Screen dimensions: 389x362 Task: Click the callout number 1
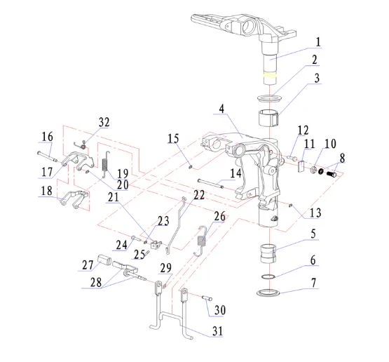coord(318,42)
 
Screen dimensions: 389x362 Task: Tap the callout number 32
coord(104,122)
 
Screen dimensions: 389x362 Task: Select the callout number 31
coord(217,331)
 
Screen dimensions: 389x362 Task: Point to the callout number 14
coord(236,173)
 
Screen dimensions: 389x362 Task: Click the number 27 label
coord(88,265)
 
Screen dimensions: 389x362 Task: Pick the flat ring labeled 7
coord(268,293)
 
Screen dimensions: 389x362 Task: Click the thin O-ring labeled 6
coord(268,276)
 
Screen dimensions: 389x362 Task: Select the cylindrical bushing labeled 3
coord(268,117)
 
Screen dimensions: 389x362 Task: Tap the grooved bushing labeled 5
coord(268,253)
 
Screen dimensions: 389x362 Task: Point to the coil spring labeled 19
coord(105,163)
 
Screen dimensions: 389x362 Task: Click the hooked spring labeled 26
coord(202,241)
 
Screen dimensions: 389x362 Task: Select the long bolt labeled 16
coord(48,156)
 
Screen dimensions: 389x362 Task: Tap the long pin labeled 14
coord(210,184)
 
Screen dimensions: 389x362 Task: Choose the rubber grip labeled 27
coord(104,260)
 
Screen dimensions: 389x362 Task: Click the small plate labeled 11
coord(301,166)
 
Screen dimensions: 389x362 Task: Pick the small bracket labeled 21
coord(156,244)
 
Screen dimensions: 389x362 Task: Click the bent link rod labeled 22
coord(176,225)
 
